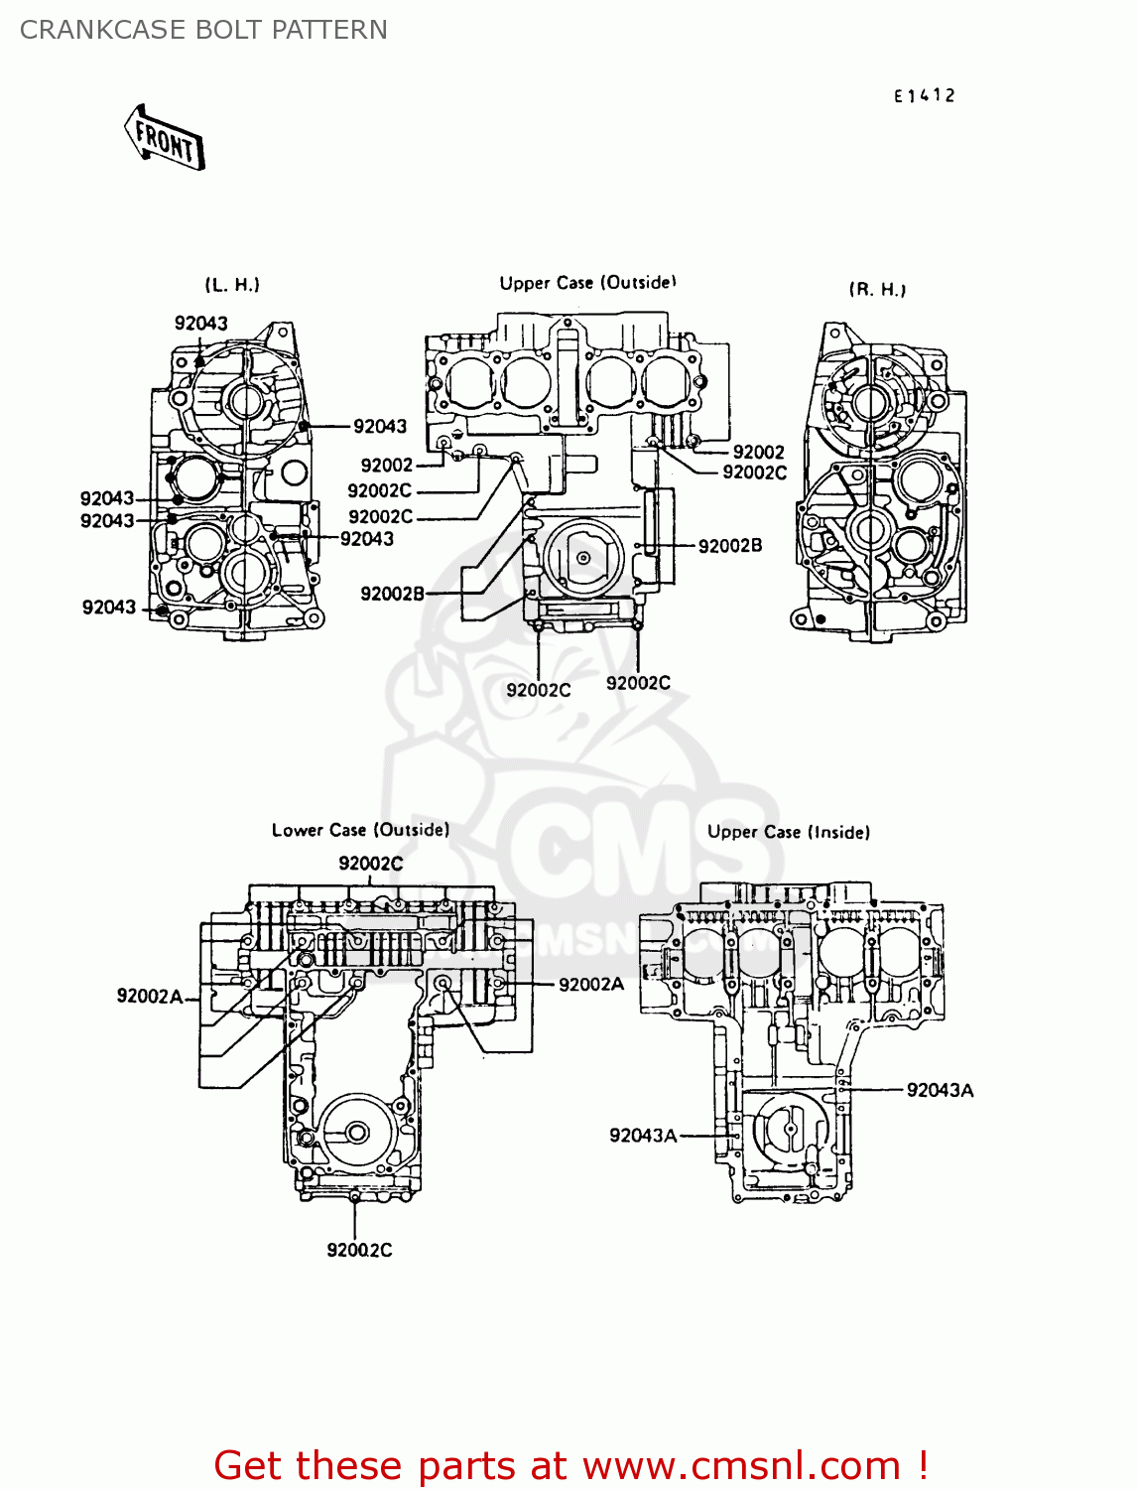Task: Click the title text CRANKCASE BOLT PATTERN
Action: click(x=203, y=30)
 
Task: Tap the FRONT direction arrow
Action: click(x=166, y=140)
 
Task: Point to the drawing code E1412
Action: click(x=924, y=95)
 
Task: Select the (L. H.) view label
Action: click(x=232, y=285)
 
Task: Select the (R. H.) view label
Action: click(x=877, y=289)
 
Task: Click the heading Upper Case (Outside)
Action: click(x=587, y=283)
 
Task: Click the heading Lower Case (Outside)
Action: click(x=360, y=830)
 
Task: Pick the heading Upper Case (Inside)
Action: click(x=788, y=832)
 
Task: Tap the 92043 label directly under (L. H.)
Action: click(x=201, y=324)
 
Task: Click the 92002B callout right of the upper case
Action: click(x=730, y=545)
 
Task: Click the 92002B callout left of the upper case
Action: click(x=392, y=594)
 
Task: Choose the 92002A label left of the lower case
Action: click(x=150, y=996)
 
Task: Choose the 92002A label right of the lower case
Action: click(x=591, y=984)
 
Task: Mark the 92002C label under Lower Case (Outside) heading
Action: click(x=371, y=864)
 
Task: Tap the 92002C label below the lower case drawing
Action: click(x=359, y=1250)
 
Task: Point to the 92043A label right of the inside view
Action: click(x=940, y=1090)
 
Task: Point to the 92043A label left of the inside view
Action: click(x=643, y=1136)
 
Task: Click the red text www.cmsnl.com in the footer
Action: click(x=740, y=1465)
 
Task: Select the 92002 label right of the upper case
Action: click(x=758, y=452)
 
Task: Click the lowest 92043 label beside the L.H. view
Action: click(x=109, y=607)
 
